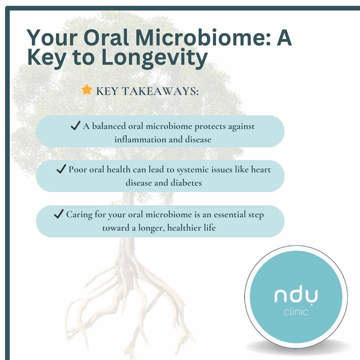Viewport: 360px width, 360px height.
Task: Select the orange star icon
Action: pos(87,90)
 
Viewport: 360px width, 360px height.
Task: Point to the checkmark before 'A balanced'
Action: pos(75,126)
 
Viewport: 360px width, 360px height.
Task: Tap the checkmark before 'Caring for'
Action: pos(58,214)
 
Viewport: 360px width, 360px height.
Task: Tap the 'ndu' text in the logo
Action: pos(296,296)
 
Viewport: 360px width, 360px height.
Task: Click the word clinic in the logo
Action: pos(296,312)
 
